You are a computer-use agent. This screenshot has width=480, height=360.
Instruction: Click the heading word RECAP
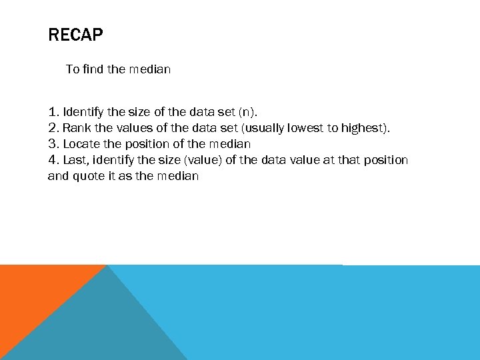76,35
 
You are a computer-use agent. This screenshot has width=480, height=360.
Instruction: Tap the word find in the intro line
95,69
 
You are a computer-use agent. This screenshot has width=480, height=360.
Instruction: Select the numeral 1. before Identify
53,112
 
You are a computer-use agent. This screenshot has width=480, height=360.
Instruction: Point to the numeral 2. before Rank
54,128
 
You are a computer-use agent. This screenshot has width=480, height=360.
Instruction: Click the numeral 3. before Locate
54,144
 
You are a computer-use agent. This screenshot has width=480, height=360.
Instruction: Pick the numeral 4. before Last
54,160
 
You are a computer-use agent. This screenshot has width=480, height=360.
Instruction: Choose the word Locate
82,144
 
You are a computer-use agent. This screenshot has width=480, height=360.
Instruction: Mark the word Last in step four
76,160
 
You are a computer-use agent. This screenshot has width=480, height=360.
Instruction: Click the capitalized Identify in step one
86,112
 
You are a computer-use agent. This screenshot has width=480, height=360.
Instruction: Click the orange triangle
33,293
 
